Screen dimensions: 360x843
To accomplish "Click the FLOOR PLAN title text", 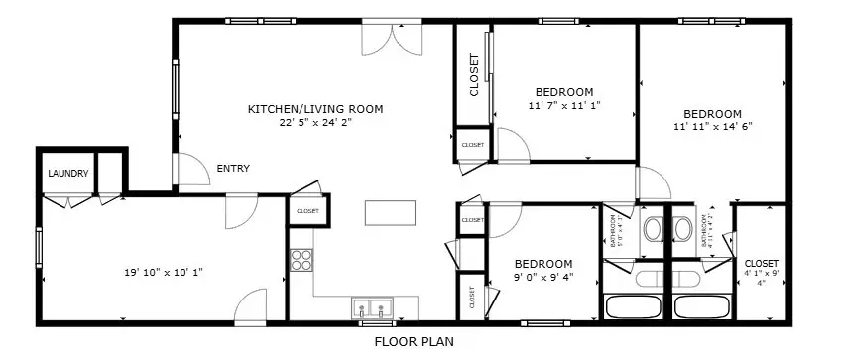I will pos(414,343).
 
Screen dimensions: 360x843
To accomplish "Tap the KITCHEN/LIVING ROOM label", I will pos(314,109).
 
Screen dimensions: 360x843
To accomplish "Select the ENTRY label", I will pos(233,169).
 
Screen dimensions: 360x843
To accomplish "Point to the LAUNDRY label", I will pos(67,174).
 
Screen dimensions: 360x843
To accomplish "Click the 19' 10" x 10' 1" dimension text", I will pos(164,271).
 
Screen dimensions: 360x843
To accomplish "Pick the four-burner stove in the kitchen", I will pos(301,261).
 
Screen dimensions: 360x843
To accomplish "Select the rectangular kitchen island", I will pos(391,213).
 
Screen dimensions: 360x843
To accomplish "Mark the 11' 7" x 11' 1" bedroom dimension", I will pos(564,105).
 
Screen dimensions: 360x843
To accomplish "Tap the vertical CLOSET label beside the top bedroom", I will pos(474,75).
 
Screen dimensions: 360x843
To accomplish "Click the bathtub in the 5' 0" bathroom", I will pos(635,306).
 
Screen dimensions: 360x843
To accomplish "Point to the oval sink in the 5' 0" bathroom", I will pos(653,230).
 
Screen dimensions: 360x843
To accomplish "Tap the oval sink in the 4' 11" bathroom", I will pos(683,230).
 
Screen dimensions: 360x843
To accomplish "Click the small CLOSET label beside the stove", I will pos(307,211).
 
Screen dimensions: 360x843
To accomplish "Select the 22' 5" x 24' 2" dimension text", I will pos(314,124).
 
